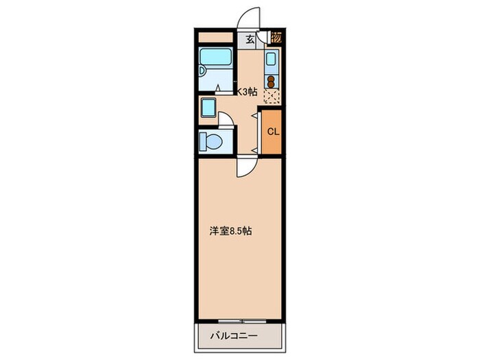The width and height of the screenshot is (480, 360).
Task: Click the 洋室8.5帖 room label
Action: [230, 231]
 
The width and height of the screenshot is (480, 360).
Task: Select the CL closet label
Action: [272, 132]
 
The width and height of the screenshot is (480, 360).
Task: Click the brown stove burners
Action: [272, 82]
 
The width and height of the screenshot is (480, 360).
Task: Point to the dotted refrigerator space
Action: [272, 97]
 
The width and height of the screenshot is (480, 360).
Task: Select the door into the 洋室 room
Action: [247, 166]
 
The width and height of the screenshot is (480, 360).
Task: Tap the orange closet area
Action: [272, 132]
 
